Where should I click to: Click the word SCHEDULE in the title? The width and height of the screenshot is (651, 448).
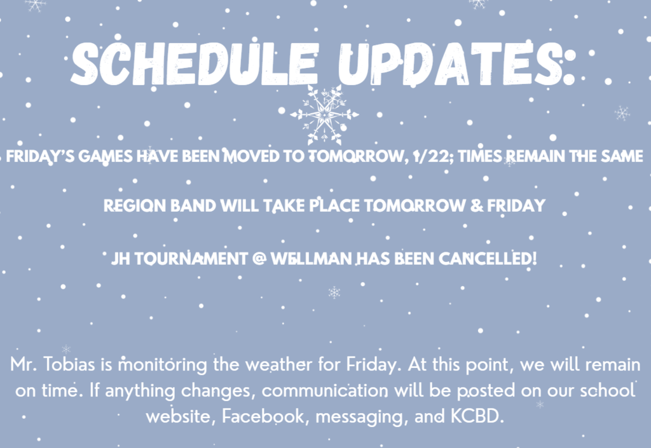[194, 64]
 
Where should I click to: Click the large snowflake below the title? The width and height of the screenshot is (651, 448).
[324, 114]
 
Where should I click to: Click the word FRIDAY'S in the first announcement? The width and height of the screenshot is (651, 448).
[40, 156]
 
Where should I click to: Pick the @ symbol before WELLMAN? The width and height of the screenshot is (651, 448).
[259, 259]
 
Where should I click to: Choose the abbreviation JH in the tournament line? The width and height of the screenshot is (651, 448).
[120, 259]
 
